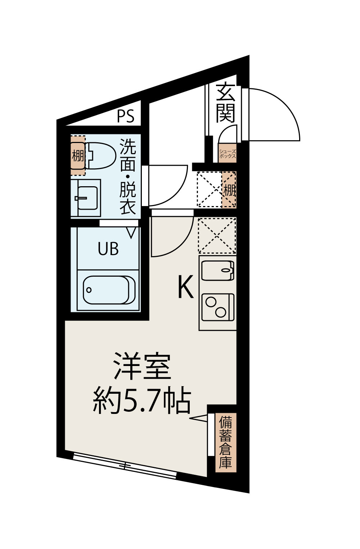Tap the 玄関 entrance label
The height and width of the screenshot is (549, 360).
pos(226,103)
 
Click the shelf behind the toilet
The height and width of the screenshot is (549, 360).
pos(78,155)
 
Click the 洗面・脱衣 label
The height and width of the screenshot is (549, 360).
pos(127,177)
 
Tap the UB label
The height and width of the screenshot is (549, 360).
pos(108,249)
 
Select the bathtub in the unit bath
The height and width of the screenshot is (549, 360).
pos(109,290)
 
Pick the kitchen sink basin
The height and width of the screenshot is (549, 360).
pos(217,270)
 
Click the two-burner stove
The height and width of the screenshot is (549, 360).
pos(218,307)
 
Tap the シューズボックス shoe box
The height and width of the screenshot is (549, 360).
pos(228,154)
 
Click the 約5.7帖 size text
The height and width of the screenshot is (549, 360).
pos(142,401)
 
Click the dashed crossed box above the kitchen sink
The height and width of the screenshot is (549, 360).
pos(217,236)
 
